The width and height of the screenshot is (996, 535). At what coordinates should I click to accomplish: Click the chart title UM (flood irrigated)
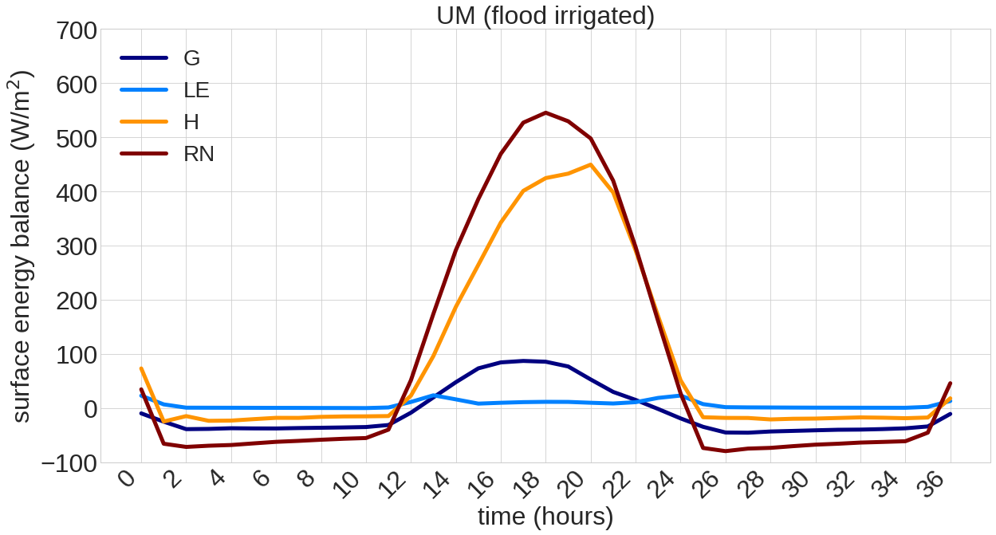coord(545,15)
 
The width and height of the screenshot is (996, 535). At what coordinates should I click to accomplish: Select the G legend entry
coord(191,58)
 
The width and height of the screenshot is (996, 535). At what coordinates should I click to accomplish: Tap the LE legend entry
coord(196,90)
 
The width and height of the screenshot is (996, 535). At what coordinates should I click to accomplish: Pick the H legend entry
coord(191,122)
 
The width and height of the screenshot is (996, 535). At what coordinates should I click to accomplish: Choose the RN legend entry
coord(199,154)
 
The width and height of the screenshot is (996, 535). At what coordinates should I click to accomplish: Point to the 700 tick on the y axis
coord(77,32)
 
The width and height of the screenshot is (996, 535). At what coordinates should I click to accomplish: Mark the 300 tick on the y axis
coord(77,247)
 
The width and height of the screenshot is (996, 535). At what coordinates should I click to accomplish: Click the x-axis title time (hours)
coord(545,517)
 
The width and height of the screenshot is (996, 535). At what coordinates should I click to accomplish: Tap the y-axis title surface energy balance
coord(22,246)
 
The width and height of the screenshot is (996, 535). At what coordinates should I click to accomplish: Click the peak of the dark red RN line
coord(546,112)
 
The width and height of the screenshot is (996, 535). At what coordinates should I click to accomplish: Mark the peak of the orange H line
coord(591,165)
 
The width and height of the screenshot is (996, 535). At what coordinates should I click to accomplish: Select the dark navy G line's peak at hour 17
coord(524,360)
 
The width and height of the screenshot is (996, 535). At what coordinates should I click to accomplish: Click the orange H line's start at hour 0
coord(141,368)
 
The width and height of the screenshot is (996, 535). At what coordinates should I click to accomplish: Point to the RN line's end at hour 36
coord(951,384)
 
